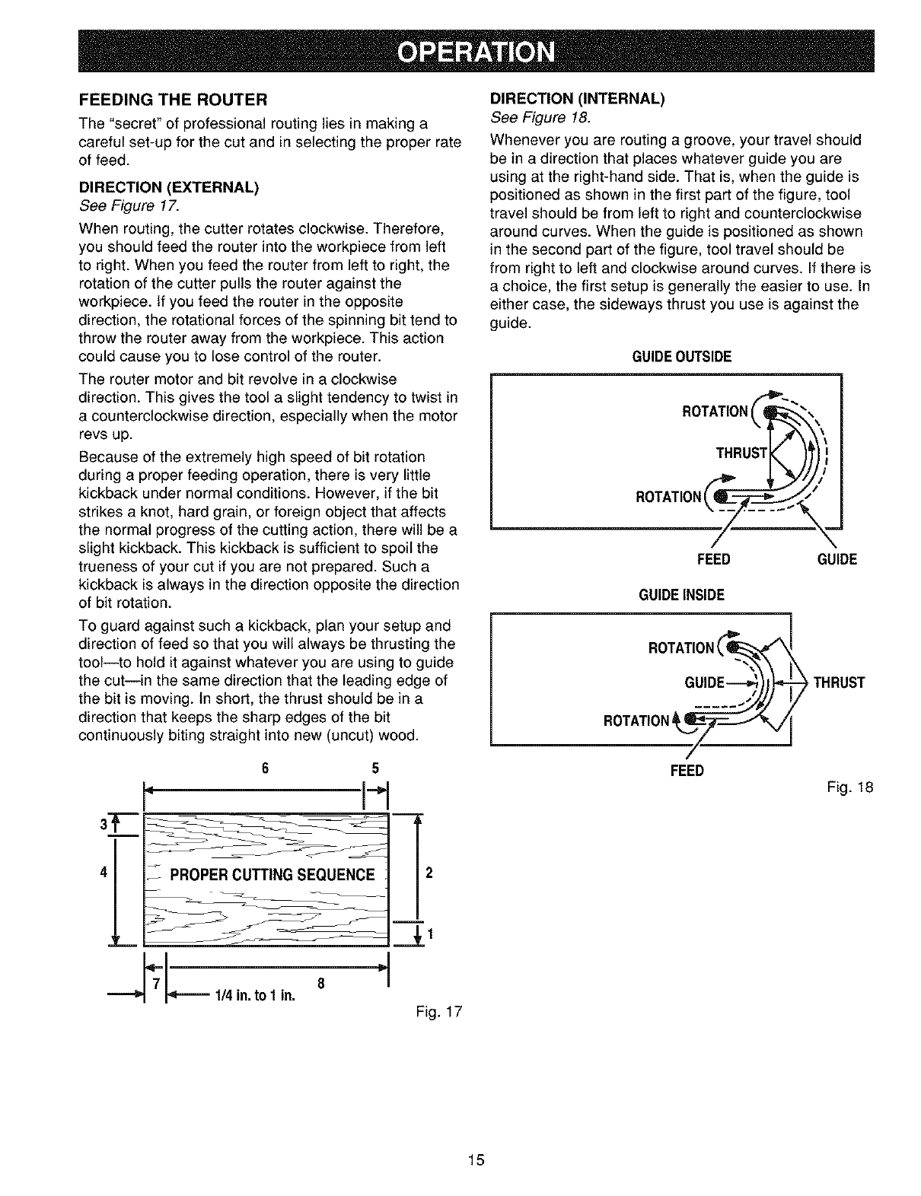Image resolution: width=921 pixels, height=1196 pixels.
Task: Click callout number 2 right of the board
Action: pyautogui.click(x=429, y=873)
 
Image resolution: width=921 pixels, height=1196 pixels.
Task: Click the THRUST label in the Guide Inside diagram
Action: pyautogui.click(x=840, y=682)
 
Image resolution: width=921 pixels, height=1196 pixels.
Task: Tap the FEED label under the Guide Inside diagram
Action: pyautogui.click(x=687, y=771)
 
